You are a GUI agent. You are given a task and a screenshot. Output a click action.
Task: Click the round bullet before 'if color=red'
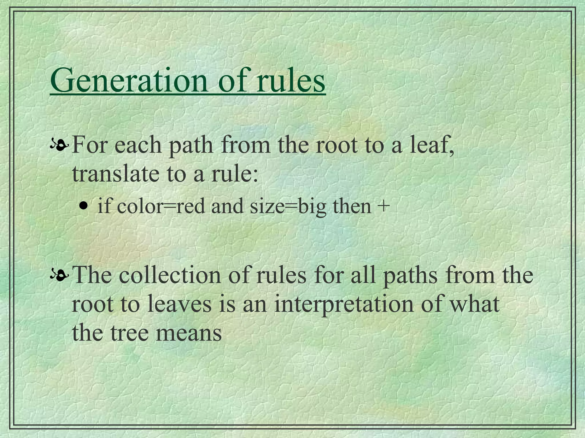tap(83, 206)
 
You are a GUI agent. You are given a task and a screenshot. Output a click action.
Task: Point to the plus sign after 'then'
tap(383, 206)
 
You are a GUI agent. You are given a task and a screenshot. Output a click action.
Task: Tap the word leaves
tap(180, 304)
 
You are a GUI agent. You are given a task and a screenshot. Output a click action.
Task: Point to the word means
tap(189, 333)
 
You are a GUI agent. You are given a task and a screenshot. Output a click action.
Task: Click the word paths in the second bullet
tap(409, 276)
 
